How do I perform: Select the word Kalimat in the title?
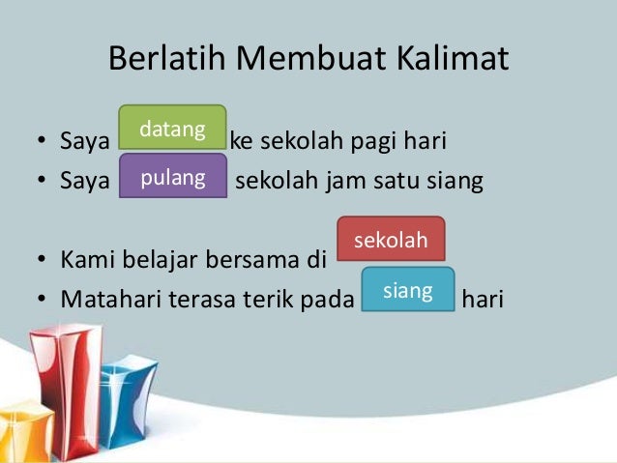(x=453, y=60)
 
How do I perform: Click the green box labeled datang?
(x=172, y=128)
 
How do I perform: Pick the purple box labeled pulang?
(x=172, y=178)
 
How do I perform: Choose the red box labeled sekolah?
(x=391, y=240)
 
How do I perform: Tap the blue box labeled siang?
(x=407, y=289)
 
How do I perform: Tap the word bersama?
(x=249, y=261)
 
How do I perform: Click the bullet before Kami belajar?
(x=43, y=262)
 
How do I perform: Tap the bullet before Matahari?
(x=43, y=301)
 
